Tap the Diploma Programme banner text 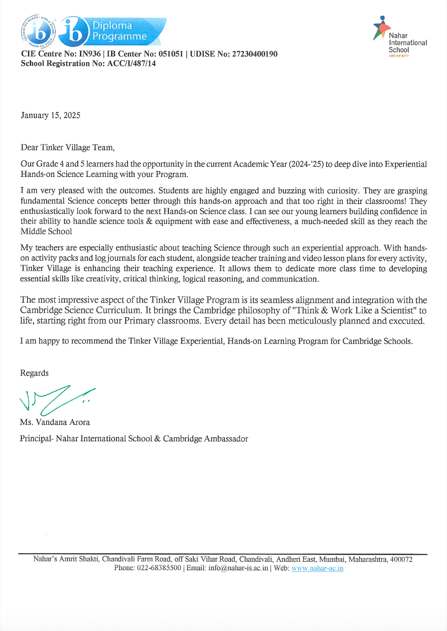pos(119,31)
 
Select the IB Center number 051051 pos(171,54)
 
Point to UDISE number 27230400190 pos(255,54)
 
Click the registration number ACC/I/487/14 pos(132,64)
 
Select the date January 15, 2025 pos(51,116)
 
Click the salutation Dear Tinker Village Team pos(68,148)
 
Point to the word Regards pos(34,373)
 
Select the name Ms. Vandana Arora pos(55,423)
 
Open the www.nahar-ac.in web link pos(317,568)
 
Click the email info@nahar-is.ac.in pos(238,568)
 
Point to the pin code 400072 pos(401,559)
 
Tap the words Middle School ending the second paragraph pos(46,232)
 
